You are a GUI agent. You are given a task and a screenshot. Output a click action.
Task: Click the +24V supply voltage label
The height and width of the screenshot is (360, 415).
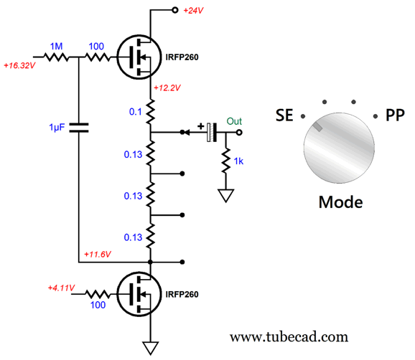pos(193,11)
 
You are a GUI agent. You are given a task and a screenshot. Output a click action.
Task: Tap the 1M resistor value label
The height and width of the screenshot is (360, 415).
pos(57,47)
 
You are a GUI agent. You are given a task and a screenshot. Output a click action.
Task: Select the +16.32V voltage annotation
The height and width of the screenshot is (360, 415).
pos(19,65)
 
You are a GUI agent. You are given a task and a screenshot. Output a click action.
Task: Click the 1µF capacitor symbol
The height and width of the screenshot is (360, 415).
pos(78,128)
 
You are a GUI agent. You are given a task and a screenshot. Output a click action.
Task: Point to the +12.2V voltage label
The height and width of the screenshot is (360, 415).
pos(167,87)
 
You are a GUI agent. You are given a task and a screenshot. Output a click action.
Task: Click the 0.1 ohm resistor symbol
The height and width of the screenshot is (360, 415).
pos(150,112)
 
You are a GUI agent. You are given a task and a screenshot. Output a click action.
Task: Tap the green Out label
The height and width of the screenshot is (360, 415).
pos(234,121)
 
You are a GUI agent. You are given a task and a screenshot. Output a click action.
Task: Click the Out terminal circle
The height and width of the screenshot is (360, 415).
pos(239,132)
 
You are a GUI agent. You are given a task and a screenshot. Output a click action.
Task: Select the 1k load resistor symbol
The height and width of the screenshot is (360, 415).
pos(225,161)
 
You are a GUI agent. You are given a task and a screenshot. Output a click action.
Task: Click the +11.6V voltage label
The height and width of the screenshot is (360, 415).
pos(98,255)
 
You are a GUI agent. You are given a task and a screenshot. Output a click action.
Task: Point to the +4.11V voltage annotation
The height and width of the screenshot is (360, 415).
pos(61,288)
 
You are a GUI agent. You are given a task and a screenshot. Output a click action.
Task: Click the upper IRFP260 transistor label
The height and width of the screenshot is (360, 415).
pos(182,57)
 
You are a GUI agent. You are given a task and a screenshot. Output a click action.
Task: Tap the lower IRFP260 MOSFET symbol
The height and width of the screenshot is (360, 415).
pos(139,294)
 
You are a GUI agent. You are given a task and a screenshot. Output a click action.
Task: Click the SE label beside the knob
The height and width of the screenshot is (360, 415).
pos(284,115)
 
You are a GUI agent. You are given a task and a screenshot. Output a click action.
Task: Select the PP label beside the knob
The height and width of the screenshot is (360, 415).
pos(395,115)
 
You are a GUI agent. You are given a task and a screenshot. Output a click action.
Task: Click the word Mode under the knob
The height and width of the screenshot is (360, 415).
pos(340,202)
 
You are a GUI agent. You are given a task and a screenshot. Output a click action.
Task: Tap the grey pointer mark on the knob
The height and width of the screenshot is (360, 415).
pos(317,127)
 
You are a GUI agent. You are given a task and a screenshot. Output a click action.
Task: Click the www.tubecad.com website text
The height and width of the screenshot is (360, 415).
pos(289,337)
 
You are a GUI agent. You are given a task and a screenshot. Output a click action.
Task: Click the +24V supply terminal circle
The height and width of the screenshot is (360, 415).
pos(174,10)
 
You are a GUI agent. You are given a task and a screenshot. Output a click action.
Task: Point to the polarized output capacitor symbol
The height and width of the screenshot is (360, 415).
pos(212,132)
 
